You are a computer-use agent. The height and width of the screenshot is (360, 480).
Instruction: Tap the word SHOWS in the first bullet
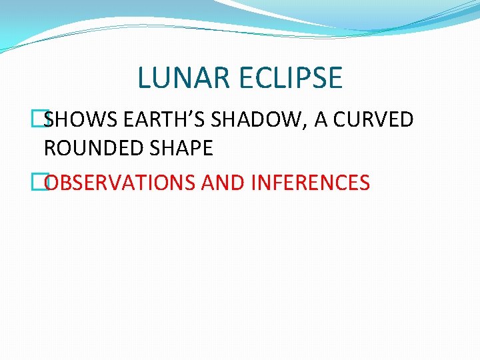pos(72,120)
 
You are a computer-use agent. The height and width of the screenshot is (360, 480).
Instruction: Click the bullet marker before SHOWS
pos(37,120)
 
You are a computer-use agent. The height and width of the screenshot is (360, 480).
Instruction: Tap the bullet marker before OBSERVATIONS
pos(37,181)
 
